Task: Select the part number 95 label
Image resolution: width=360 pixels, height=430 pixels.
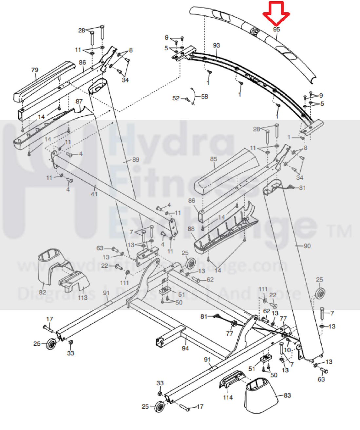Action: [277, 29]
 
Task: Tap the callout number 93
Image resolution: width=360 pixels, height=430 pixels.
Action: [216, 45]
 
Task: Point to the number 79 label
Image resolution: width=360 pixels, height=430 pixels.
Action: [34, 70]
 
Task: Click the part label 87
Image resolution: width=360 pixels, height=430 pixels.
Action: [79, 101]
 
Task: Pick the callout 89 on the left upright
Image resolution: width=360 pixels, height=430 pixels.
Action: [136, 160]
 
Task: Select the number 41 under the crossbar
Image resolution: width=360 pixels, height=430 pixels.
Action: [94, 194]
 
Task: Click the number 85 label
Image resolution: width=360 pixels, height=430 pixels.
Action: [214, 159]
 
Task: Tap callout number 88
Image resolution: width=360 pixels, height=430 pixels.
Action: [191, 229]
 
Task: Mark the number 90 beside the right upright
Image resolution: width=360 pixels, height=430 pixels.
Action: [307, 246]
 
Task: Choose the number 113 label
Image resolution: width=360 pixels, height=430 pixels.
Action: [83, 297]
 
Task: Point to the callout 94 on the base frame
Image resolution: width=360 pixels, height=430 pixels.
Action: [185, 348]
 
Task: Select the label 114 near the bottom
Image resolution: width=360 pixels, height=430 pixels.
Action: [228, 397]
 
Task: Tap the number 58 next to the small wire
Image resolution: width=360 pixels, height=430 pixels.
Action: [205, 96]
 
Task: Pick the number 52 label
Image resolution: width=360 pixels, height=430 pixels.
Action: [176, 98]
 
